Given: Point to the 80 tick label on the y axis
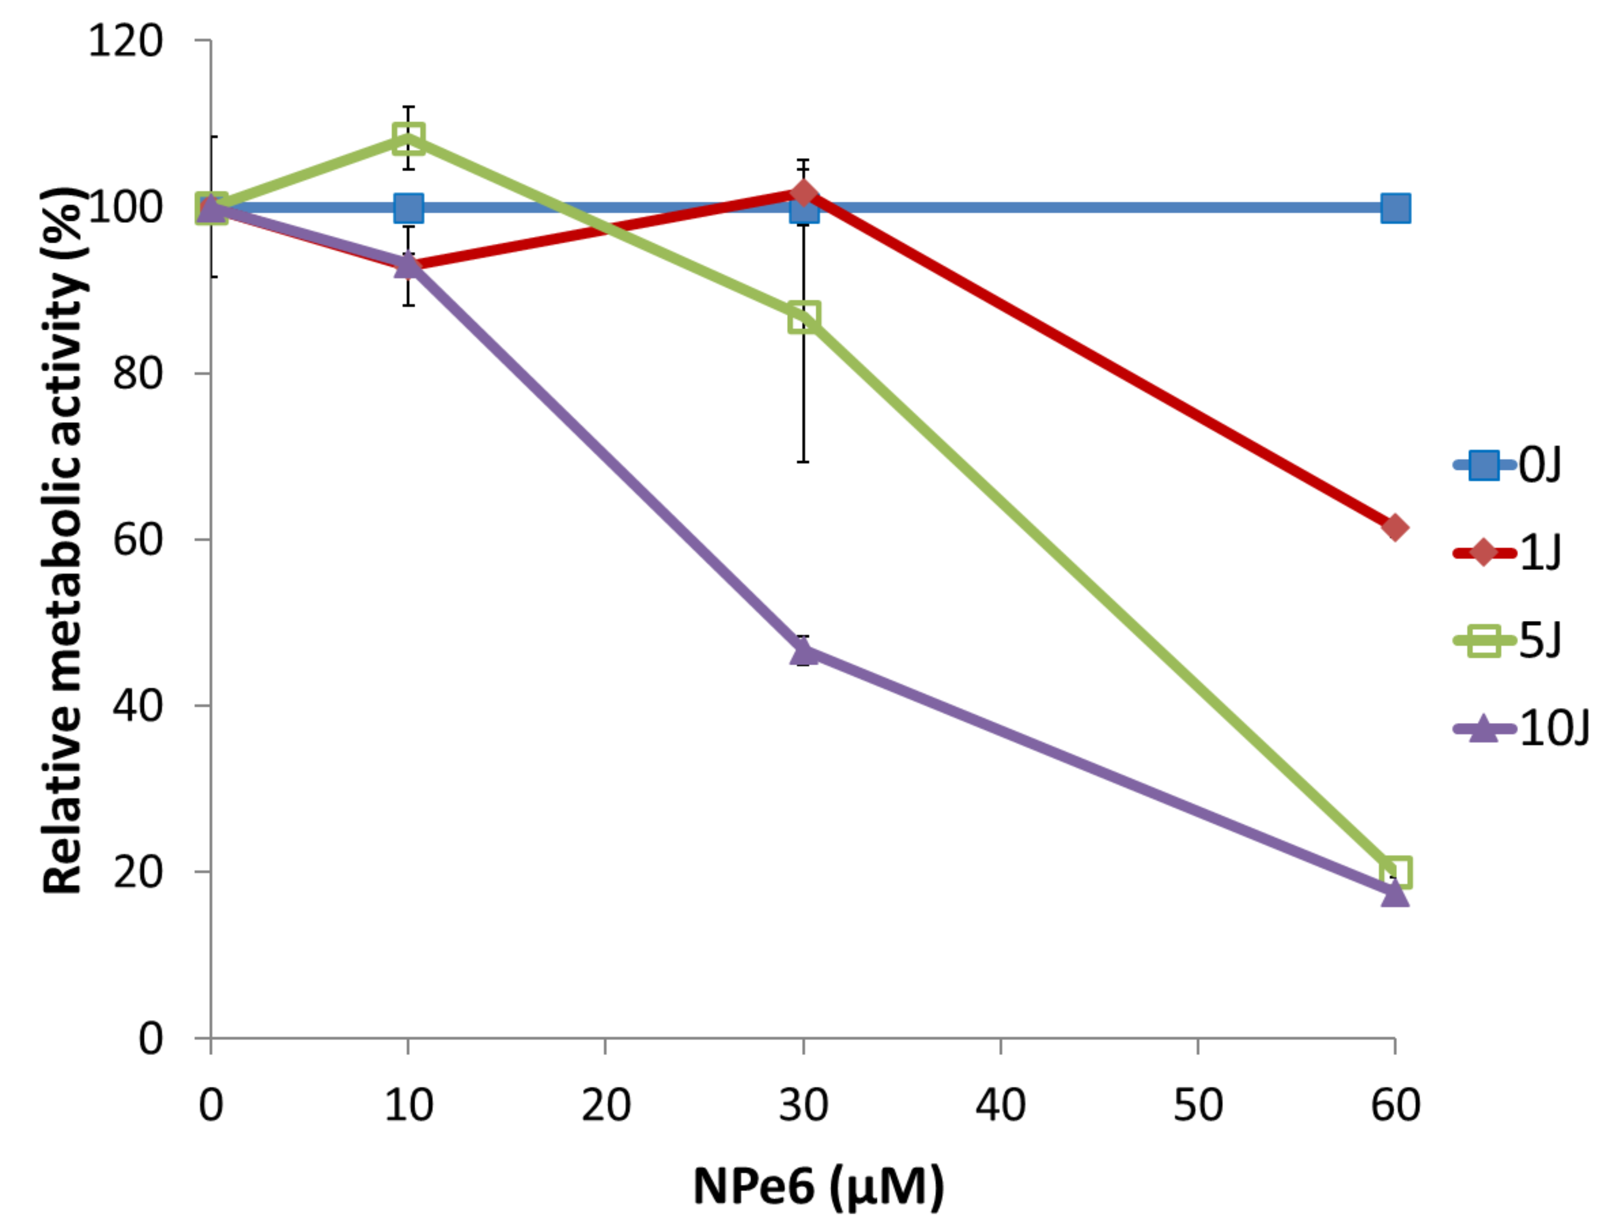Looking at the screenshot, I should (137, 373).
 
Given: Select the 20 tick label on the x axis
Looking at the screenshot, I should (606, 1105).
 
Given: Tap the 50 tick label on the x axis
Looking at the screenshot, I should (1198, 1105).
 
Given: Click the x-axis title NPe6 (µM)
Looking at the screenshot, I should (818, 1186).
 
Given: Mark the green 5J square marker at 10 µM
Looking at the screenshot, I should (408, 138).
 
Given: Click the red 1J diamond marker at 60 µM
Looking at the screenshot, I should (1394, 528).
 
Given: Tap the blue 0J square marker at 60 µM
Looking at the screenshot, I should (1394, 208).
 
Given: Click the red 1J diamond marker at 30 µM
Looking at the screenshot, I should (803, 194).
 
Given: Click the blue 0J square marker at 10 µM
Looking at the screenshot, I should (408, 208).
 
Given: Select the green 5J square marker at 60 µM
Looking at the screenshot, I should (1394, 871).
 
